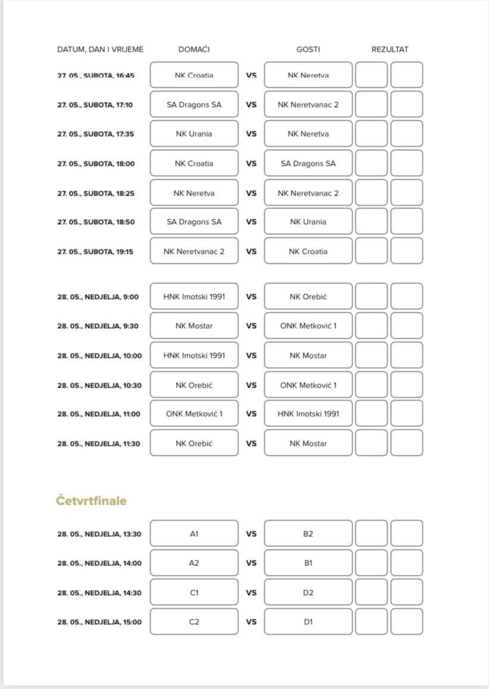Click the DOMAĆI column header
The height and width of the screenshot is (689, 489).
tap(194, 49)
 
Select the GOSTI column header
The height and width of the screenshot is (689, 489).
tap(308, 49)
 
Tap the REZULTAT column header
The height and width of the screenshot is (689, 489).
tap(390, 49)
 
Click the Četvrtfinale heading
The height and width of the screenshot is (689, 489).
tap(92, 501)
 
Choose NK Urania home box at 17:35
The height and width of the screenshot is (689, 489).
tap(194, 134)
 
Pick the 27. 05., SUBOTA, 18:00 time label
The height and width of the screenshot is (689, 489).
tap(96, 163)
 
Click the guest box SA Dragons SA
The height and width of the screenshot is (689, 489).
tap(308, 163)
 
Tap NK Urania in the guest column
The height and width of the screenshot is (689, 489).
tap(308, 222)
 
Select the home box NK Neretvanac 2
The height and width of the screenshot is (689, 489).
tap(194, 251)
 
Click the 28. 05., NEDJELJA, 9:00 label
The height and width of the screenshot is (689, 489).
tap(98, 297)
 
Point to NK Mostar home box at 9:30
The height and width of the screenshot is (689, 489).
tap(194, 326)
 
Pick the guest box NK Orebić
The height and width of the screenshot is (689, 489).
tap(308, 297)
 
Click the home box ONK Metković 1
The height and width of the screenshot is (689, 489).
tap(194, 414)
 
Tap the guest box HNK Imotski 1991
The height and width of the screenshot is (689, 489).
tap(308, 414)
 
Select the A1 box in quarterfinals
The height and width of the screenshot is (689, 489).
tap(194, 534)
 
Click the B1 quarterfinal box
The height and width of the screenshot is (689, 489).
tap(308, 563)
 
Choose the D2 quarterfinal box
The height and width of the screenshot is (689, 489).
tap(308, 593)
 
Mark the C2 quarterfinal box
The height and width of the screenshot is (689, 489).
tap(194, 622)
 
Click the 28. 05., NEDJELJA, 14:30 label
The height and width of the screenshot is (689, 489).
tap(99, 593)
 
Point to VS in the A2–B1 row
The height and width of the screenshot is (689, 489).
tap(251, 563)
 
